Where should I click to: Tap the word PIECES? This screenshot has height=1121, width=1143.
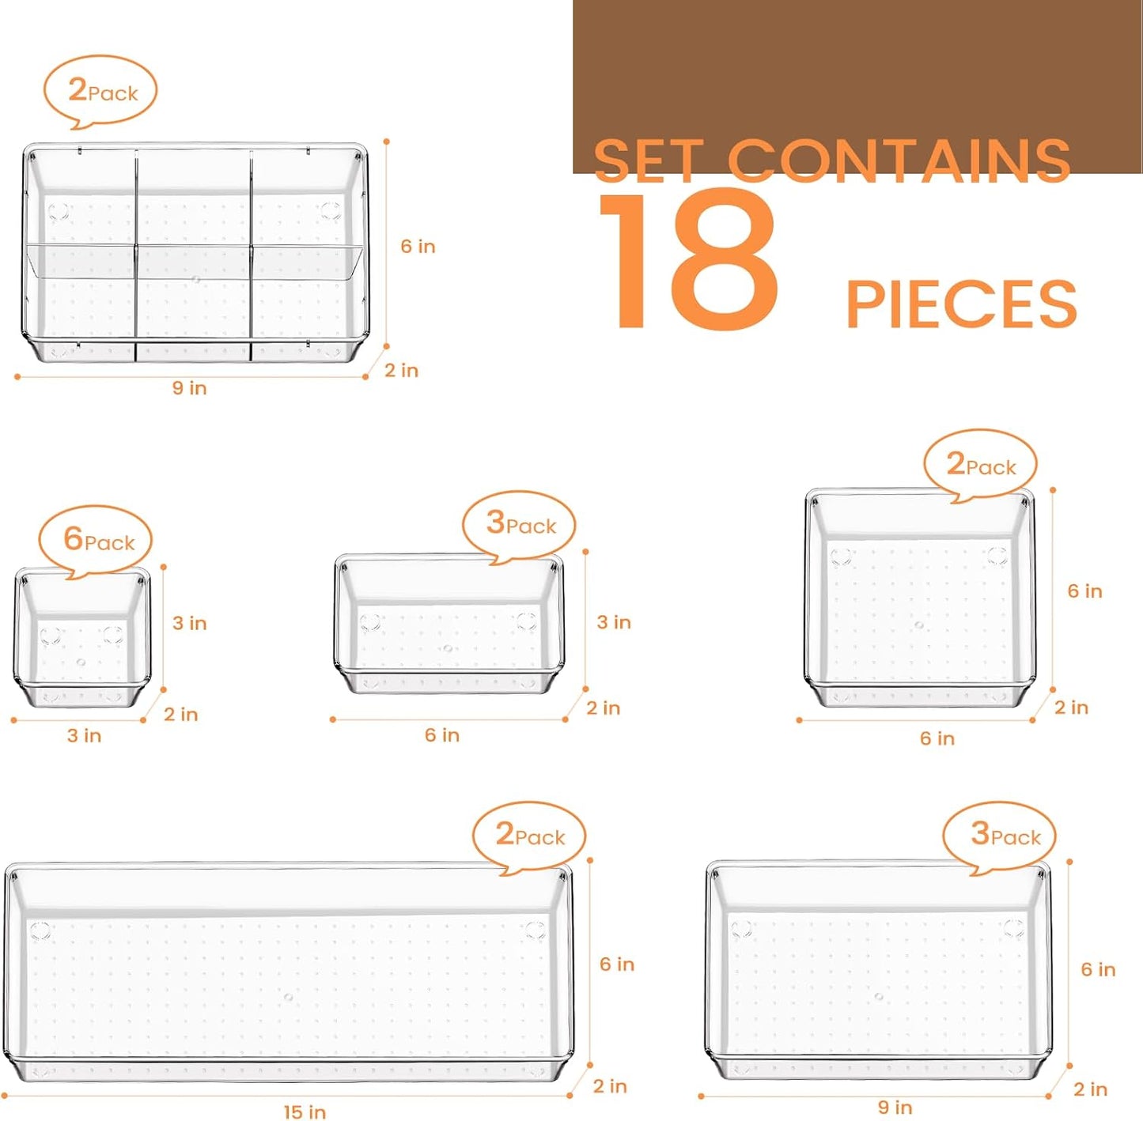click(x=961, y=304)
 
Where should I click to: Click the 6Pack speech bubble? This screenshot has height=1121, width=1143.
click(x=97, y=540)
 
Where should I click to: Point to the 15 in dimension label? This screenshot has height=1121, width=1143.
click(x=305, y=1112)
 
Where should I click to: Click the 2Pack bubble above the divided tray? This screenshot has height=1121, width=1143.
click(x=101, y=91)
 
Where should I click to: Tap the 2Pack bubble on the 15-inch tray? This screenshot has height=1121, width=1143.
click(x=529, y=835)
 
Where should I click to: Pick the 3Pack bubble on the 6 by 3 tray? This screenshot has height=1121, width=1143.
click(x=520, y=523)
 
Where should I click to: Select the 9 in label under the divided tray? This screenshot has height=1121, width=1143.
click(x=189, y=387)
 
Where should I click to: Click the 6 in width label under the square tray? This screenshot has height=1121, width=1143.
click(x=937, y=738)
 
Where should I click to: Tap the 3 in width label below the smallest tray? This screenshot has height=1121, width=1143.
click(x=84, y=735)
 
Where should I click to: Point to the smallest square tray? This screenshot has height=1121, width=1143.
click(x=81, y=636)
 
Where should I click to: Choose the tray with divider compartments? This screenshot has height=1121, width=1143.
click(x=195, y=253)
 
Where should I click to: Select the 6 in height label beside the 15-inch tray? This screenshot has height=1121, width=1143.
click(x=616, y=964)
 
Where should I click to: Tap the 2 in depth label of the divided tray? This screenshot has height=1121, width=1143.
click(x=401, y=370)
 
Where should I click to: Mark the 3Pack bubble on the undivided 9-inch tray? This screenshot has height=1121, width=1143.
click(x=1000, y=835)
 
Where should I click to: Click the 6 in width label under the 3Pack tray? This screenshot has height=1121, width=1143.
click(x=441, y=735)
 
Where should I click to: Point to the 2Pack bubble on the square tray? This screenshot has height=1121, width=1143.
click(x=980, y=465)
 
